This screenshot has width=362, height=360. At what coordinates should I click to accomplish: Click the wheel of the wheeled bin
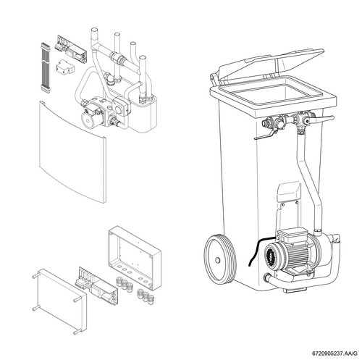coord(220,259)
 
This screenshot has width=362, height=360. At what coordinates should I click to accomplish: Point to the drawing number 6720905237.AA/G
coord(334,353)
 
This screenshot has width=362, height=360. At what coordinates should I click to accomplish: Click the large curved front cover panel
coord(72,152)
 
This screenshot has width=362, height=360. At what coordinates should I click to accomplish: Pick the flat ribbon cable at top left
coord(46,67)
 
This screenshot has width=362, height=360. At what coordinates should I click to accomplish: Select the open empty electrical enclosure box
coord(135,258)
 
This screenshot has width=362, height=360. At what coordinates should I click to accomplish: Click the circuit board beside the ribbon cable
coord(72,49)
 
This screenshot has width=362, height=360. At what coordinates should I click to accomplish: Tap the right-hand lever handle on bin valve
coord(324,118)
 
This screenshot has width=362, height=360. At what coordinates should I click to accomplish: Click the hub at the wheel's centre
coord(217,260)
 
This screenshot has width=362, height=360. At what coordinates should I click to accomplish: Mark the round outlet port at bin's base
coord(267,277)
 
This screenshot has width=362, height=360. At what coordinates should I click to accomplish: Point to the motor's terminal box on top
coord(292,234)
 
